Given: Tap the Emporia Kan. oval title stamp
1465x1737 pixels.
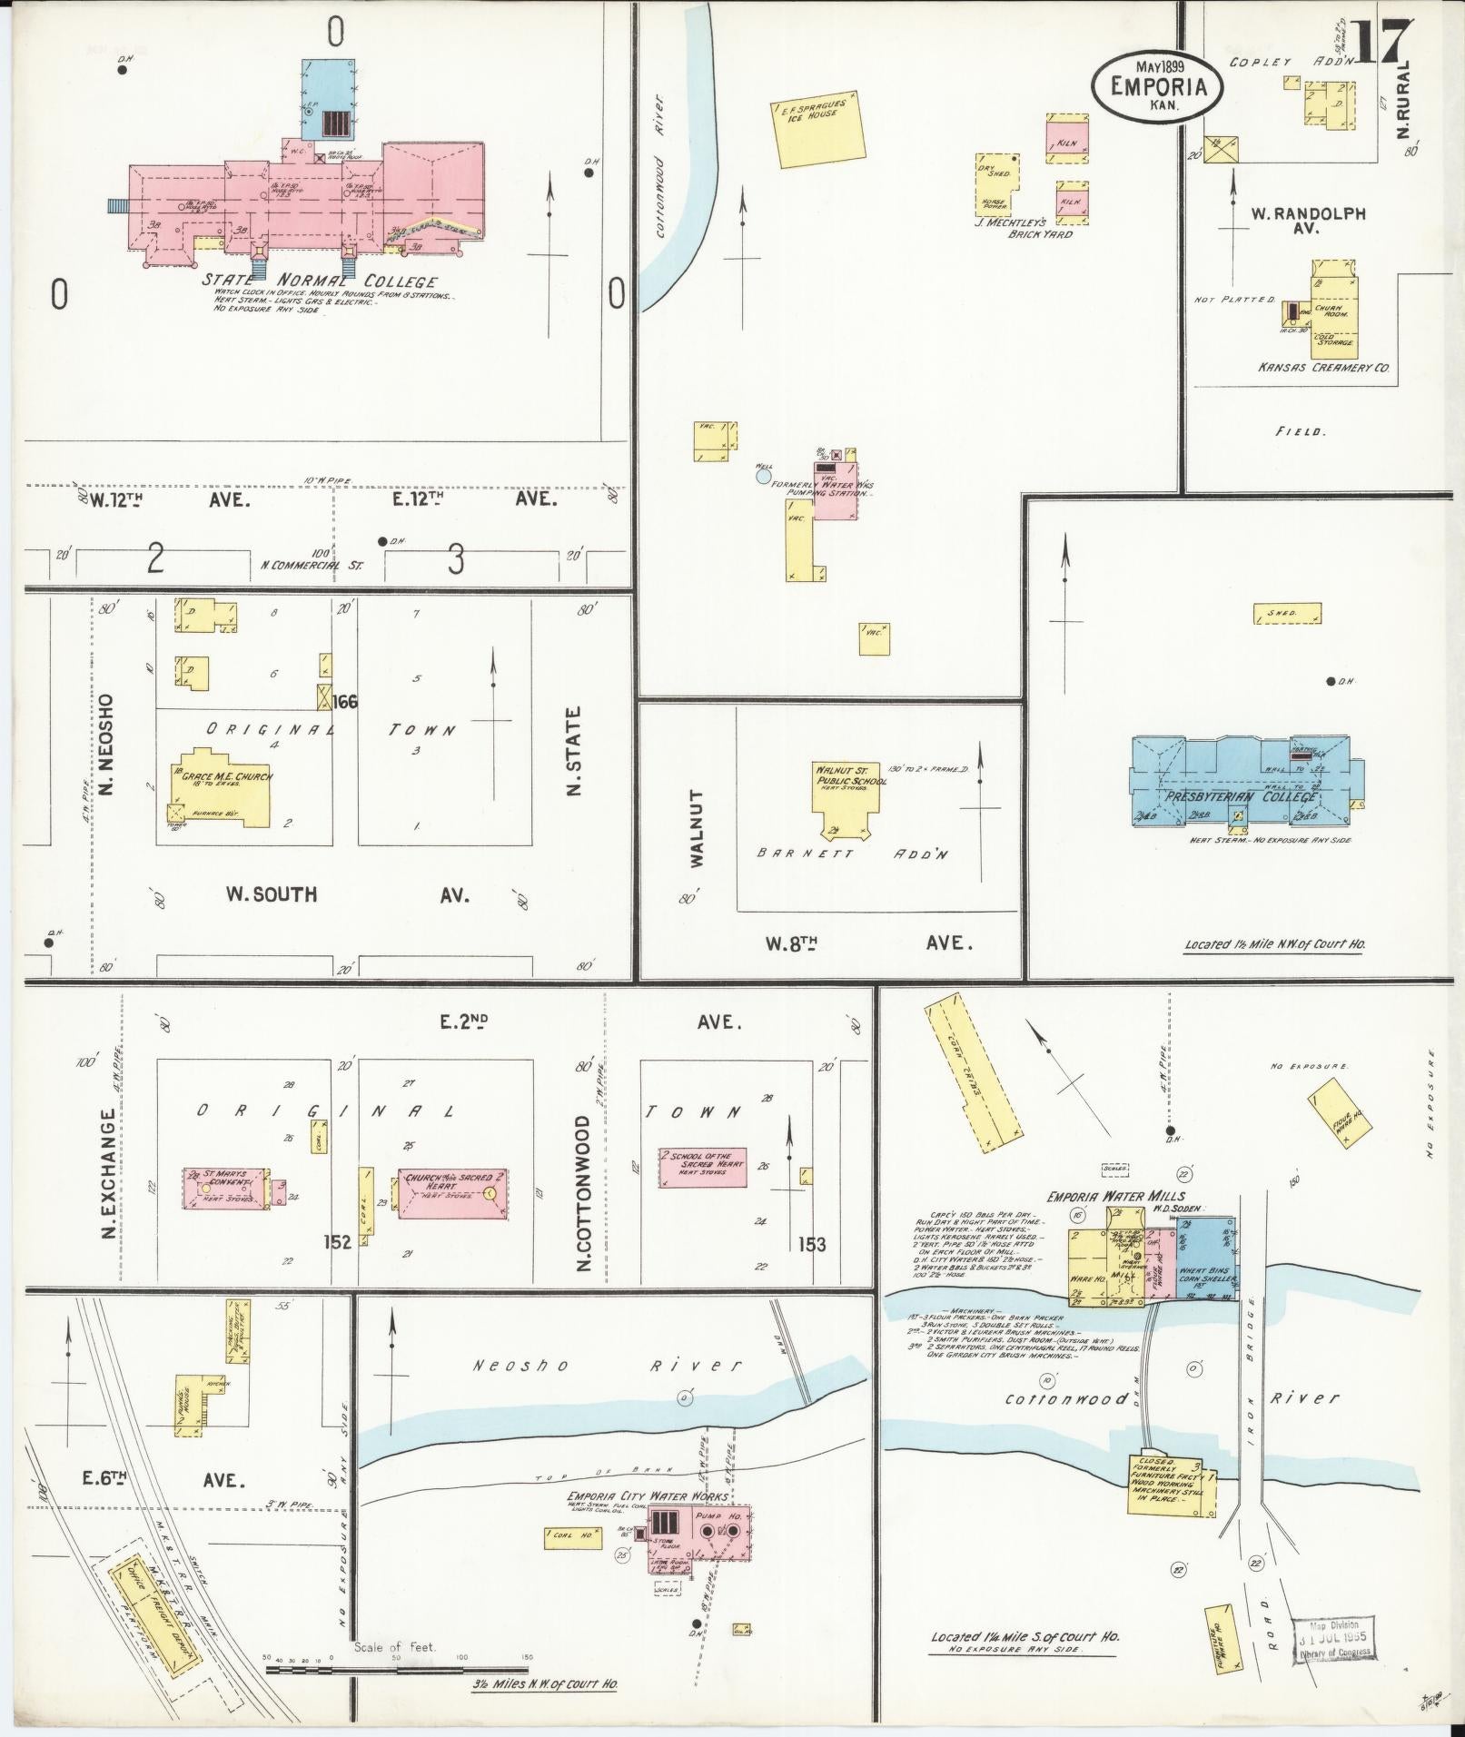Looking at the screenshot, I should (1158, 84).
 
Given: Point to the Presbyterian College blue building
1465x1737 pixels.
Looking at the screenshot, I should (1240, 781).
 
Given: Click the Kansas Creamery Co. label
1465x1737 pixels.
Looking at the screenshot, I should (1323, 368).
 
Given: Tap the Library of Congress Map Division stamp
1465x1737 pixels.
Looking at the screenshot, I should (1332, 1637).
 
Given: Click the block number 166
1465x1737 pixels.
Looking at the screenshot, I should (344, 701).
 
